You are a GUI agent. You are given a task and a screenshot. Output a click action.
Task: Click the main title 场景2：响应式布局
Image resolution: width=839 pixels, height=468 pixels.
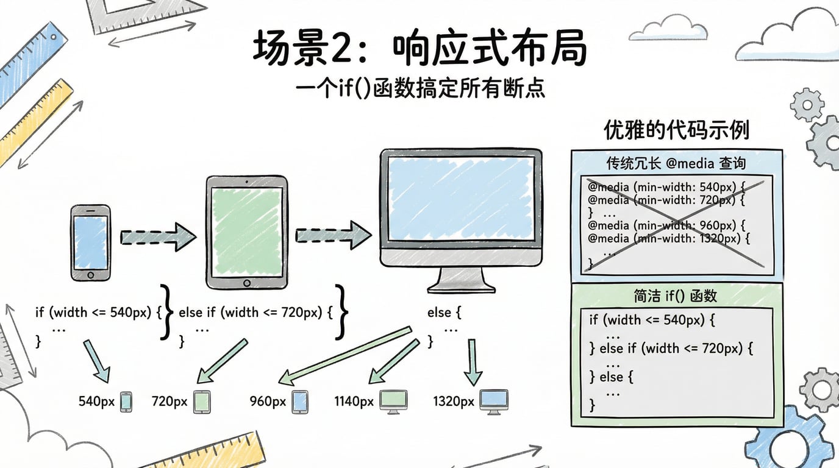(419, 49)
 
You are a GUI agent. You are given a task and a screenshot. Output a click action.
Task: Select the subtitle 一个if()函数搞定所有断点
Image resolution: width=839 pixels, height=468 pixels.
(419, 89)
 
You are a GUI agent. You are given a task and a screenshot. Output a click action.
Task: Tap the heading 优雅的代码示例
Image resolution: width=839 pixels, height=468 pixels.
(676, 130)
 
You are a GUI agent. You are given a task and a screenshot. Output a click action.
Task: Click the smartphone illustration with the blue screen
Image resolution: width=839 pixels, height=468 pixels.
(90, 243)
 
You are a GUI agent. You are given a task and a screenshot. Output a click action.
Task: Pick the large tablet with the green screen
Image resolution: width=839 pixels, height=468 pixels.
(246, 233)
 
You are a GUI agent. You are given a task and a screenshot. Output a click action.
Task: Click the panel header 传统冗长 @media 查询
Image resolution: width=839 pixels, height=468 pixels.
(676, 163)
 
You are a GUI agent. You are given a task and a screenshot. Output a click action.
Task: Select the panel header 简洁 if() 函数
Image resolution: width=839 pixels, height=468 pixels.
(675, 296)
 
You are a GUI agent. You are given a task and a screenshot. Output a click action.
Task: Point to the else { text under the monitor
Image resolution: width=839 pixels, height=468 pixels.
(444, 313)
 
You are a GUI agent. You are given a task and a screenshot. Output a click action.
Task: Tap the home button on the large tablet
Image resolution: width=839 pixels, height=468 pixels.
(246, 283)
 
